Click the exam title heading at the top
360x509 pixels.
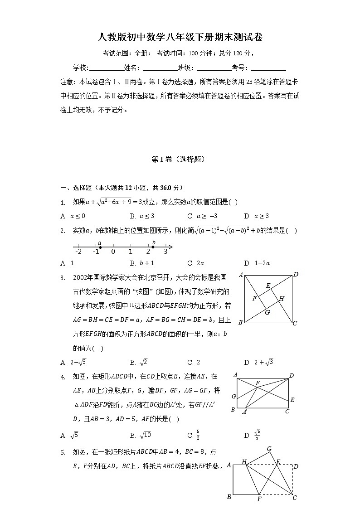(180, 37)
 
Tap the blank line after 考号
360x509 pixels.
(268, 68)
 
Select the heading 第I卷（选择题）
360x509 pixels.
(180, 159)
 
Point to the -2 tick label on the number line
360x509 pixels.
(78, 252)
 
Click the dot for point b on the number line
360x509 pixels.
(153, 247)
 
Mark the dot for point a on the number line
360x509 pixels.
(100, 247)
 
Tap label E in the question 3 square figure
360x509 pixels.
(268, 286)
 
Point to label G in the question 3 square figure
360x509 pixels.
(267, 312)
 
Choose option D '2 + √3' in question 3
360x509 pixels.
(258, 362)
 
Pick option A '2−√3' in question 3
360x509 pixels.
(73, 362)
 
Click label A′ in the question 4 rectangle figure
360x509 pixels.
(245, 412)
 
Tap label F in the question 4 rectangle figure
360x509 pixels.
(258, 383)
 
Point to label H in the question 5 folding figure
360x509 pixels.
(244, 462)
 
